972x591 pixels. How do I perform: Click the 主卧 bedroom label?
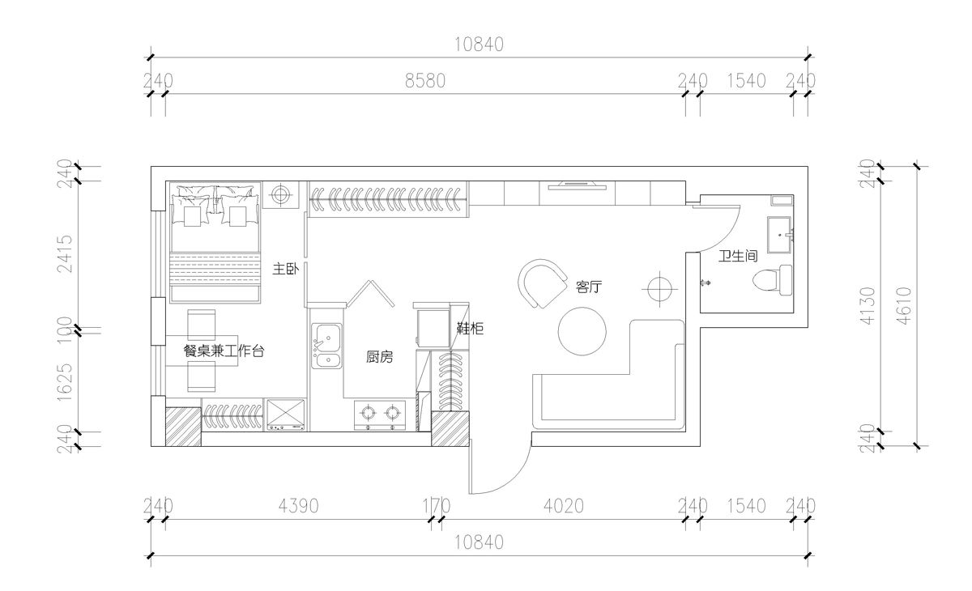pyautogui.click(x=285, y=269)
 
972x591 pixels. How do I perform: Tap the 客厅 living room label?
pyautogui.click(x=589, y=287)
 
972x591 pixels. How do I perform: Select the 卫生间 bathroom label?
pyautogui.click(x=738, y=256)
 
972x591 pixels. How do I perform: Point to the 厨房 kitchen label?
pyautogui.click(x=379, y=357)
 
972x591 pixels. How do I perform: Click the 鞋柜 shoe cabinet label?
pyautogui.click(x=470, y=328)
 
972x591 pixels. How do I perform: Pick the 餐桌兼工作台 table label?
pyautogui.click(x=224, y=351)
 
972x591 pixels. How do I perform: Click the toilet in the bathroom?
pyautogui.click(x=773, y=280)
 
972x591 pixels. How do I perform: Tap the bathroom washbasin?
pyautogui.click(x=780, y=235)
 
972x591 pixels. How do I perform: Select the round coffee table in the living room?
pyautogui.click(x=582, y=331)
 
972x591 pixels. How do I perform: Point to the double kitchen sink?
pyautogui.click(x=326, y=346)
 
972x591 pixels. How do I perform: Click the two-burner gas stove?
pyautogui.click(x=380, y=415)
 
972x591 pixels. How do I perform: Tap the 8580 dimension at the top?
pyautogui.click(x=425, y=81)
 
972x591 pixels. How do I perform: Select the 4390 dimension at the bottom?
pyautogui.click(x=299, y=505)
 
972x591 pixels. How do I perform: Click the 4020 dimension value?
pyautogui.click(x=564, y=505)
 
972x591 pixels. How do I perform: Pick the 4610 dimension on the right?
pyautogui.click(x=904, y=306)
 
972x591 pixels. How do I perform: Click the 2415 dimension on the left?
pyautogui.click(x=65, y=253)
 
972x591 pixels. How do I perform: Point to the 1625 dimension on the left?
pyautogui.click(x=65, y=382)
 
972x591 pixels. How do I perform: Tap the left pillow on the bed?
pyautogui.click(x=192, y=206)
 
